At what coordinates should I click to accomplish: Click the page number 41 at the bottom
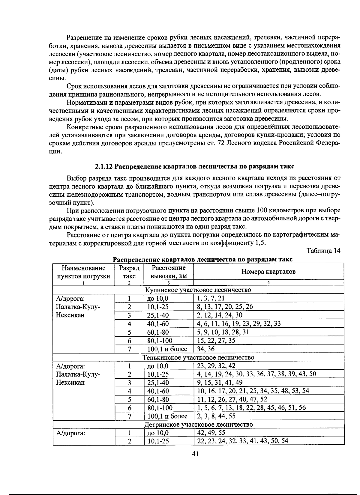click(195, 454)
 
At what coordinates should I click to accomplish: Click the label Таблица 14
click(323, 251)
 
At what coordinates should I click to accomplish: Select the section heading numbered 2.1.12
click(195, 166)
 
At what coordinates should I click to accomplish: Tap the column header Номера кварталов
click(268, 272)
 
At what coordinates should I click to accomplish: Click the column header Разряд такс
click(129, 272)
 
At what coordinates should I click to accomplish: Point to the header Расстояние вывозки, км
click(169, 272)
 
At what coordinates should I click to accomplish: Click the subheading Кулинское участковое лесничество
click(198, 290)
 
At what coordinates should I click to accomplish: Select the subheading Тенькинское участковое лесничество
click(198, 357)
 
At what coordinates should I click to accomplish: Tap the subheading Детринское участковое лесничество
click(198, 425)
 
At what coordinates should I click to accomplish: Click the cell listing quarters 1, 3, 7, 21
click(211, 298)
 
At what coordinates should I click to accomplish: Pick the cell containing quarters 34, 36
click(206, 349)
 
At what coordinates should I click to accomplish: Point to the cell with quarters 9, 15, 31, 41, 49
click(220, 383)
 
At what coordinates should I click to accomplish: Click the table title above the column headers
click(202, 259)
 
